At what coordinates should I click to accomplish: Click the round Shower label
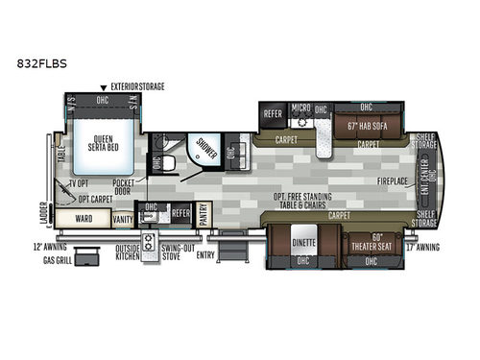[205, 147]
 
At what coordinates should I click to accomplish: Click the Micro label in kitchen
[300, 108]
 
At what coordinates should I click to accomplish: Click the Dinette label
[304, 244]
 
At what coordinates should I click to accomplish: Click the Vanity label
[122, 218]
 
